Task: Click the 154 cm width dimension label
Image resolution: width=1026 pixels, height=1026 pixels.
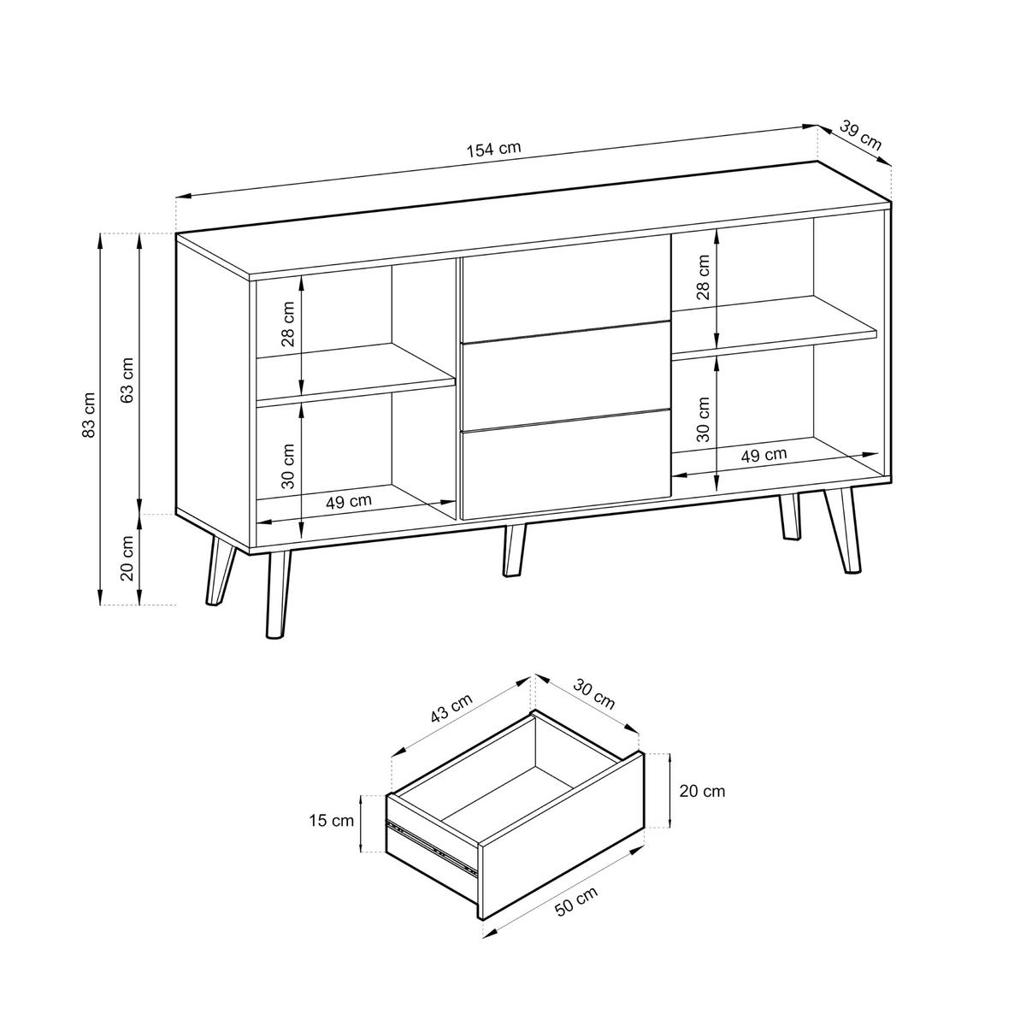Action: coord(493,150)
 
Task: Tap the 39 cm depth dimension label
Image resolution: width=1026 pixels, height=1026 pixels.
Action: coord(860,135)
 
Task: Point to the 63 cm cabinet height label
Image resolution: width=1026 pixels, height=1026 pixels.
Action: coord(128,380)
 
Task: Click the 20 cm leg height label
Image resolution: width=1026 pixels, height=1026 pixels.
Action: coord(127,558)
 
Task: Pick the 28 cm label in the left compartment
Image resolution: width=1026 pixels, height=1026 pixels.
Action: coord(287,324)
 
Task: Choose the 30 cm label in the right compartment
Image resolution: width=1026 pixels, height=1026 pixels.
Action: coord(704,419)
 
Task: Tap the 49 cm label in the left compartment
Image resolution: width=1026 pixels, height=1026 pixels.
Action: coord(349,502)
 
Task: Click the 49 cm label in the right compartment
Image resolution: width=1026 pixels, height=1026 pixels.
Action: coord(764,455)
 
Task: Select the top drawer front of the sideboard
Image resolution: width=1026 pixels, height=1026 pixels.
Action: coord(565,287)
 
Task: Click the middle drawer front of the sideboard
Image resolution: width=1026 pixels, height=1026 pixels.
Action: coord(565,376)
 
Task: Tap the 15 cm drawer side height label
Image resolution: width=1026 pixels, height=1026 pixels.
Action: coord(331,821)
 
